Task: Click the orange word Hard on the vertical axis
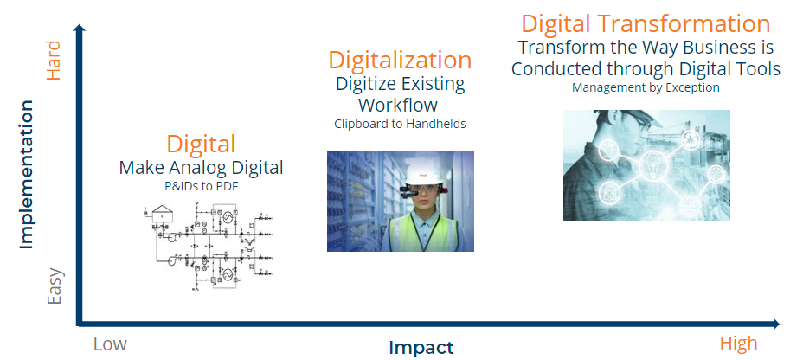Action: (x=55, y=61)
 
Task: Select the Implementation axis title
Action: (x=26, y=174)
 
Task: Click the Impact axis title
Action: (x=421, y=348)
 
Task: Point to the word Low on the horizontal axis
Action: (x=110, y=344)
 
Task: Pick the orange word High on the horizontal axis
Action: (x=738, y=344)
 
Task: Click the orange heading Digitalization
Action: (x=400, y=61)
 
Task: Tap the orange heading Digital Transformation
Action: (x=646, y=23)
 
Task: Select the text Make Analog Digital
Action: (x=201, y=167)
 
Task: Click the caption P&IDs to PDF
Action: (x=201, y=184)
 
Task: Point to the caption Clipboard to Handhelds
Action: (x=400, y=124)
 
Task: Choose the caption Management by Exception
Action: (x=646, y=87)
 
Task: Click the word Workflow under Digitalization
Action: (x=400, y=105)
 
